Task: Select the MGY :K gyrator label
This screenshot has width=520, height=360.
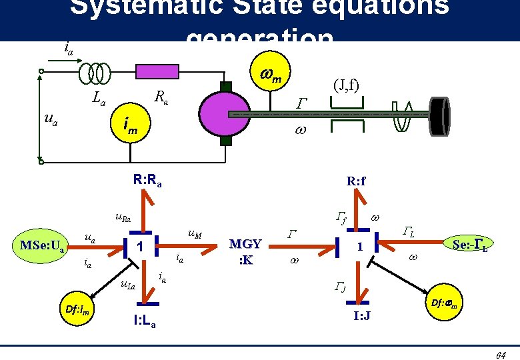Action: (x=245, y=251)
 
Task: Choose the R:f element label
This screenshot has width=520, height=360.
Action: (x=356, y=180)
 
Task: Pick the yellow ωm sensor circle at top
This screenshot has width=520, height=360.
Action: (x=271, y=76)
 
